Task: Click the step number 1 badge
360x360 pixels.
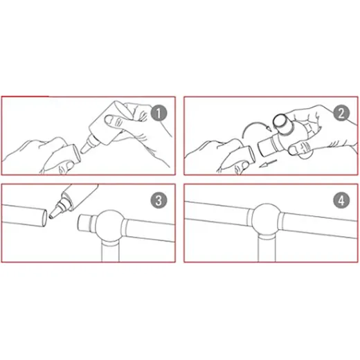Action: pyautogui.click(x=159, y=113)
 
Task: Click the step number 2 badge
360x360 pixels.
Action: pyautogui.click(x=341, y=113)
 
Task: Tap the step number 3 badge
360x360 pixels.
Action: pyautogui.click(x=159, y=200)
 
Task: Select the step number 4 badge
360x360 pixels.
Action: pyautogui.click(x=341, y=200)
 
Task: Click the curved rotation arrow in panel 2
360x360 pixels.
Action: pyautogui.click(x=255, y=129)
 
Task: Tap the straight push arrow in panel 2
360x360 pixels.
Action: pyautogui.click(x=267, y=163)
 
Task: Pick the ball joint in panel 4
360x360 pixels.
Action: pyautogui.click(x=267, y=219)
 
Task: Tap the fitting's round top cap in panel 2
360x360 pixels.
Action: pyautogui.click(x=282, y=123)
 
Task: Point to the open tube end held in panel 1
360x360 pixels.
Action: pyautogui.click(x=77, y=152)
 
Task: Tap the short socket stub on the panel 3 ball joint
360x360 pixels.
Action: pyautogui.click(x=86, y=223)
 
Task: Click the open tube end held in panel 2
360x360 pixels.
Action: pyautogui.click(x=251, y=154)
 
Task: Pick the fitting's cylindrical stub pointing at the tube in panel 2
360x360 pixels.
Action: pyautogui.click(x=268, y=146)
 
